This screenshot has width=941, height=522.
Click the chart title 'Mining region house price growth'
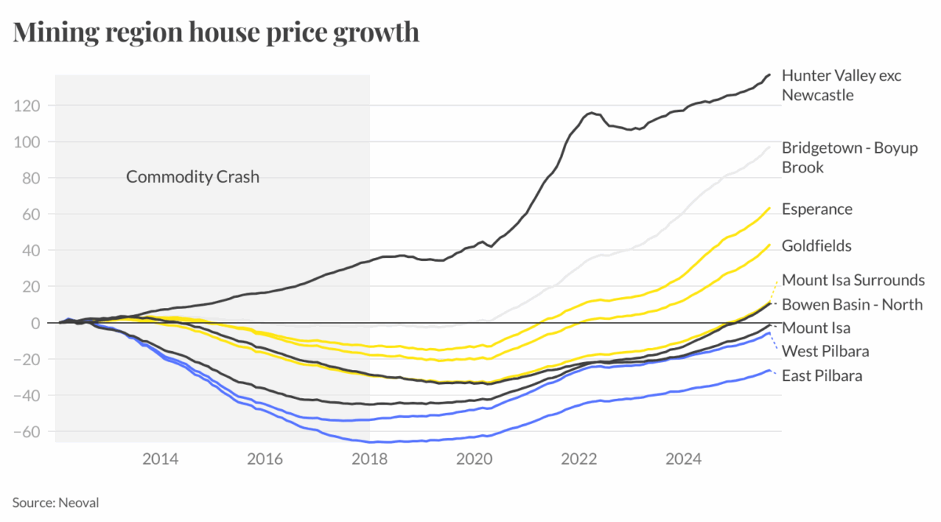point(216,33)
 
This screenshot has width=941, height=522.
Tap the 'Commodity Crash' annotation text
point(192,176)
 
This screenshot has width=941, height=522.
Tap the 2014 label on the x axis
point(161,459)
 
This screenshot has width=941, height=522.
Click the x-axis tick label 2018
point(370,459)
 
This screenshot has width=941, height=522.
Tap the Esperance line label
point(816,209)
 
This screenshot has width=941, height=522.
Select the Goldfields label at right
point(816,246)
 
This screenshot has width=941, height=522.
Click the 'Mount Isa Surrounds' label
point(853,280)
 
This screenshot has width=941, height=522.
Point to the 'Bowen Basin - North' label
point(852,304)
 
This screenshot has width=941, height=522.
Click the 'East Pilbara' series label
point(822,375)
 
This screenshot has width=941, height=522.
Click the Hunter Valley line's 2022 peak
point(590,113)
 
